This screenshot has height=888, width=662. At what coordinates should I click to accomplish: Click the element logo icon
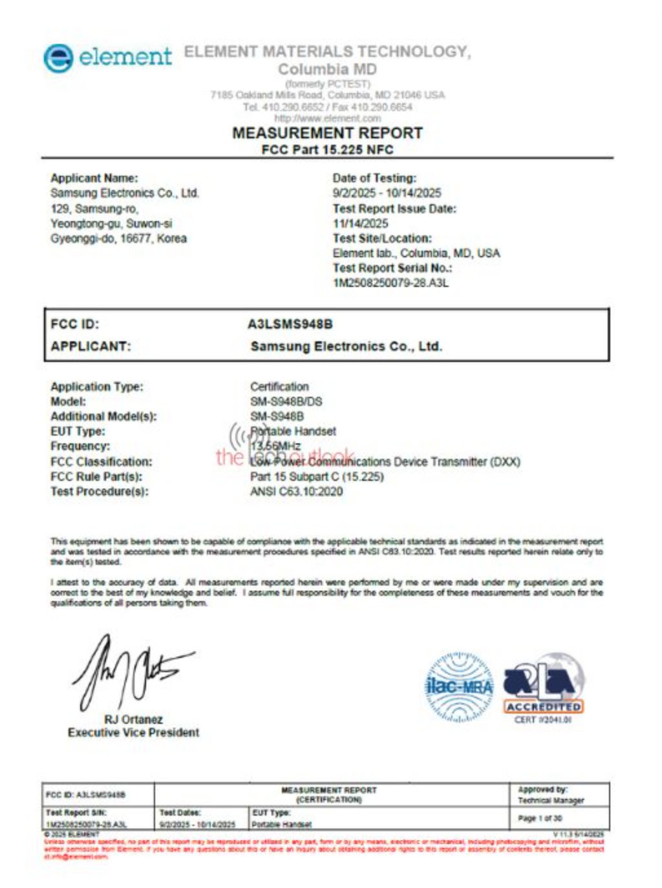click(x=58, y=58)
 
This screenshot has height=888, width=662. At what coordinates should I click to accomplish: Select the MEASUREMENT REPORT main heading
click(x=327, y=133)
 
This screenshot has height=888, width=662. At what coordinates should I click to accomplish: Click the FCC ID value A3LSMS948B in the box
click(x=290, y=324)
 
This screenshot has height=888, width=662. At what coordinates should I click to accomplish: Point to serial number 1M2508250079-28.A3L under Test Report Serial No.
click(x=390, y=283)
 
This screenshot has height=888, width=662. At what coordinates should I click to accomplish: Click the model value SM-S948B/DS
click(x=286, y=401)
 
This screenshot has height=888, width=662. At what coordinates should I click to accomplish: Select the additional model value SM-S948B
click(x=277, y=416)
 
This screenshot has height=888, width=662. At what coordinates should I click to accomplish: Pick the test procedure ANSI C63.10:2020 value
click(x=296, y=491)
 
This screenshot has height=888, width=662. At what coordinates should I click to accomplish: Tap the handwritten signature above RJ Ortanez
click(x=129, y=672)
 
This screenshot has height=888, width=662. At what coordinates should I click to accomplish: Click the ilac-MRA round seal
click(x=459, y=687)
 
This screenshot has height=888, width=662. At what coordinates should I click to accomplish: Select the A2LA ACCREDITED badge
click(x=543, y=687)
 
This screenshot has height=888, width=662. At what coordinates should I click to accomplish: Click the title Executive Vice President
click(x=133, y=732)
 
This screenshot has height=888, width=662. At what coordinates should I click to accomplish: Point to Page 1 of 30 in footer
click(x=540, y=818)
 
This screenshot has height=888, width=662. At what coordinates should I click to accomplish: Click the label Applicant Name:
click(x=94, y=178)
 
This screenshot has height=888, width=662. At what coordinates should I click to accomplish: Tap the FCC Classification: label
click(x=101, y=461)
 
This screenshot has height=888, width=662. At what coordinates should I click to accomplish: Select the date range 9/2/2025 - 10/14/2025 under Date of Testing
click(x=387, y=193)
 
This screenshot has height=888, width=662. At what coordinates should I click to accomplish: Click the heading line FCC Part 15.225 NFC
click(x=327, y=150)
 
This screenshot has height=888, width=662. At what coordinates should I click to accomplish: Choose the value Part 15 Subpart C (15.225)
click(x=317, y=477)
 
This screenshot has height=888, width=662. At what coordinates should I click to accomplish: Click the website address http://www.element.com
click(x=327, y=119)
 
